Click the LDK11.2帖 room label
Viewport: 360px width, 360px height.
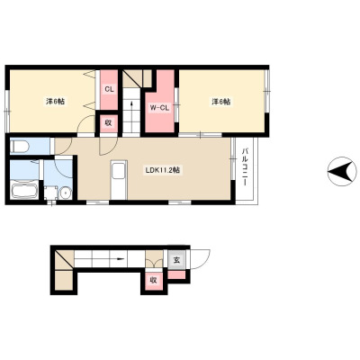coord(163,170)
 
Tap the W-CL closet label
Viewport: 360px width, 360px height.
coord(159,108)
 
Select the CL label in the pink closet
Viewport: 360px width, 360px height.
coord(109,89)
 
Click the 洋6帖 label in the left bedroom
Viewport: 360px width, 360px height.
coord(55,102)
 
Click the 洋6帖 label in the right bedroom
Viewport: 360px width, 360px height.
coord(221,102)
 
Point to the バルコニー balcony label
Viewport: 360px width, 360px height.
coord(245,166)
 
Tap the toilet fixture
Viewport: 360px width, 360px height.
coord(20,147)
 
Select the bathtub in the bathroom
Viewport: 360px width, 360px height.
coord(24,190)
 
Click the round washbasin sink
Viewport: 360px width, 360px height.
coord(65,193)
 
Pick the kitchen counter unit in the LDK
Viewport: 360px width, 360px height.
coord(119,180)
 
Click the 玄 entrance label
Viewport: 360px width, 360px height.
coord(177,259)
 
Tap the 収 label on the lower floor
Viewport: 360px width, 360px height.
coord(153,281)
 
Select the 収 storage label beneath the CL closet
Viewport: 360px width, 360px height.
coord(108,122)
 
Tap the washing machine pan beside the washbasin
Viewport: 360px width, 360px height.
coord(51,193)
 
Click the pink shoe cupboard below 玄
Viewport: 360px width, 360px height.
coord(176,274)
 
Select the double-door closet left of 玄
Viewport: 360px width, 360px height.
coord(154,258)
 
